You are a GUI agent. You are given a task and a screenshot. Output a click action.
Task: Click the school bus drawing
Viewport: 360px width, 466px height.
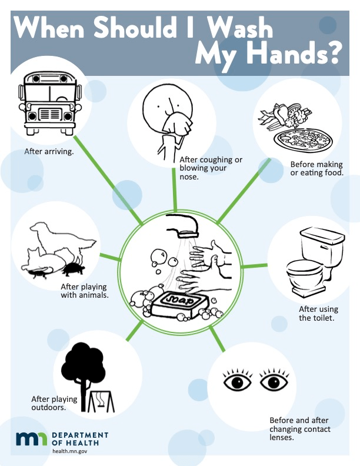pos(50,103)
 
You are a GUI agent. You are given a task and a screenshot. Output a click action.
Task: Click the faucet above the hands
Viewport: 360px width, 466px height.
pos(183,227)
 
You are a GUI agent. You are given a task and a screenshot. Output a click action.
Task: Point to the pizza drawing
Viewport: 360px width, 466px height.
pos(303,139)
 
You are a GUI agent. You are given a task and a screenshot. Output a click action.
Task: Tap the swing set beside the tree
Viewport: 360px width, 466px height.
pos(101,401)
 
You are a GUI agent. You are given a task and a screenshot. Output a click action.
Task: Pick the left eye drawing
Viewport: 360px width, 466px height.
pos(237,381)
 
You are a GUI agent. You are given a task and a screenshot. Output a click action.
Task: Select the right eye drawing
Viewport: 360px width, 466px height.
pos(274,381)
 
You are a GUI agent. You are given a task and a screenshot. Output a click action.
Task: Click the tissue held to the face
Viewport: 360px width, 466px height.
pos(177,124)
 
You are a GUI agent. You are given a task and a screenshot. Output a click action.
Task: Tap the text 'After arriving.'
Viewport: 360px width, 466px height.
pos(49,152)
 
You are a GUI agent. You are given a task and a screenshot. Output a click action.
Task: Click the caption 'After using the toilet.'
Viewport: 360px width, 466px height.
pos(318,314)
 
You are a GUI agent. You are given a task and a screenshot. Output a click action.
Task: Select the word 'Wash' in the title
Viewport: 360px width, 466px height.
pos(239,28)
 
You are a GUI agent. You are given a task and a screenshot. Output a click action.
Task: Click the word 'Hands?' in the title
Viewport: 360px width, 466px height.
pos(293,54)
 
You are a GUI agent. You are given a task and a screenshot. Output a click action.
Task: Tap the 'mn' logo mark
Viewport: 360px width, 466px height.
pos(32,439)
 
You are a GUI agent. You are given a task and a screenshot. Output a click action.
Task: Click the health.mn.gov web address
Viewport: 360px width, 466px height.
pos(70,451)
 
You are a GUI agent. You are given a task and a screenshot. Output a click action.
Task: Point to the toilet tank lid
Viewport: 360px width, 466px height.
pos(322,235)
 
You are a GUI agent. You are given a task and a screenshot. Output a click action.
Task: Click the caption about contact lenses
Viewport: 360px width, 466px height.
pos(300,429)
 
